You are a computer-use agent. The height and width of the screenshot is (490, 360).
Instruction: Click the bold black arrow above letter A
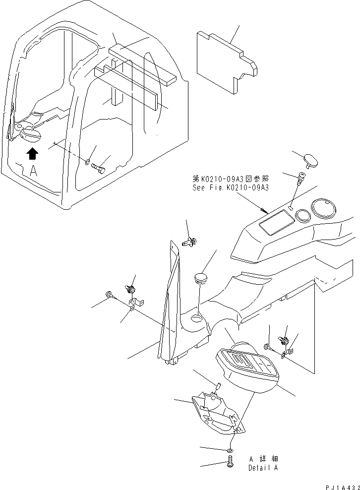tap(32, 154)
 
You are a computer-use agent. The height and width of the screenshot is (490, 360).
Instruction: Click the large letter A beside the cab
tap(33, 172)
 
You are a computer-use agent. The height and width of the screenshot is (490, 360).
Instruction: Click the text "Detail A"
tap(262, 467)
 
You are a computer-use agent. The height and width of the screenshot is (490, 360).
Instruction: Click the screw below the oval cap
tap(301, 176)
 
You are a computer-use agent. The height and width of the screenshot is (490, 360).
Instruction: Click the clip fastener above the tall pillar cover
tap(189, 242)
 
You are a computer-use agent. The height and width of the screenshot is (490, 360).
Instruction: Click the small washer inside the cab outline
tap(87, 162)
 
